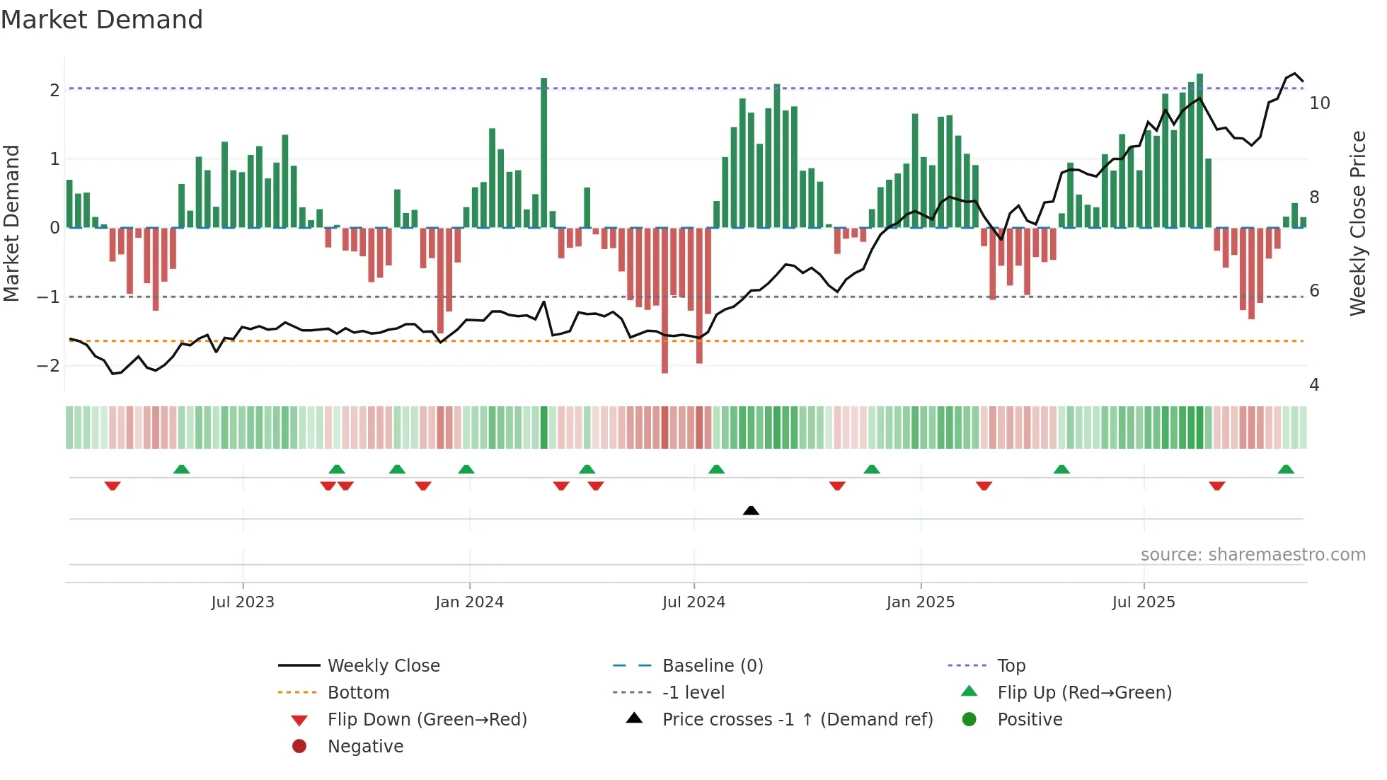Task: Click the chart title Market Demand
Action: pos(102,20)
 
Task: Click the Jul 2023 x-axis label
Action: pos(243,602)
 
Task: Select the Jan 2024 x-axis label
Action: pos(469,602)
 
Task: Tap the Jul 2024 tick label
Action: pos(693,602)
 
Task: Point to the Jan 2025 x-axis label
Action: pos(920,602)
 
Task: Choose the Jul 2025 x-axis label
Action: pos(1144,602)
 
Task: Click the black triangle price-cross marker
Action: pos(751,510)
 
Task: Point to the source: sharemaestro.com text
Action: pos(1253,555)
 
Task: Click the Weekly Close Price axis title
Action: pos(1357,223)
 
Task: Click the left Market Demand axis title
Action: pos(12,223)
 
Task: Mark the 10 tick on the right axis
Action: pos(1319,103)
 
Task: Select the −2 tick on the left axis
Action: pos(48,366)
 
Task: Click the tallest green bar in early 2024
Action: pos(543,152)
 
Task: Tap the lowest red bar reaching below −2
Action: pos(664,301)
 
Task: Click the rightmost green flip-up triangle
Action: pos(1286,469)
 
